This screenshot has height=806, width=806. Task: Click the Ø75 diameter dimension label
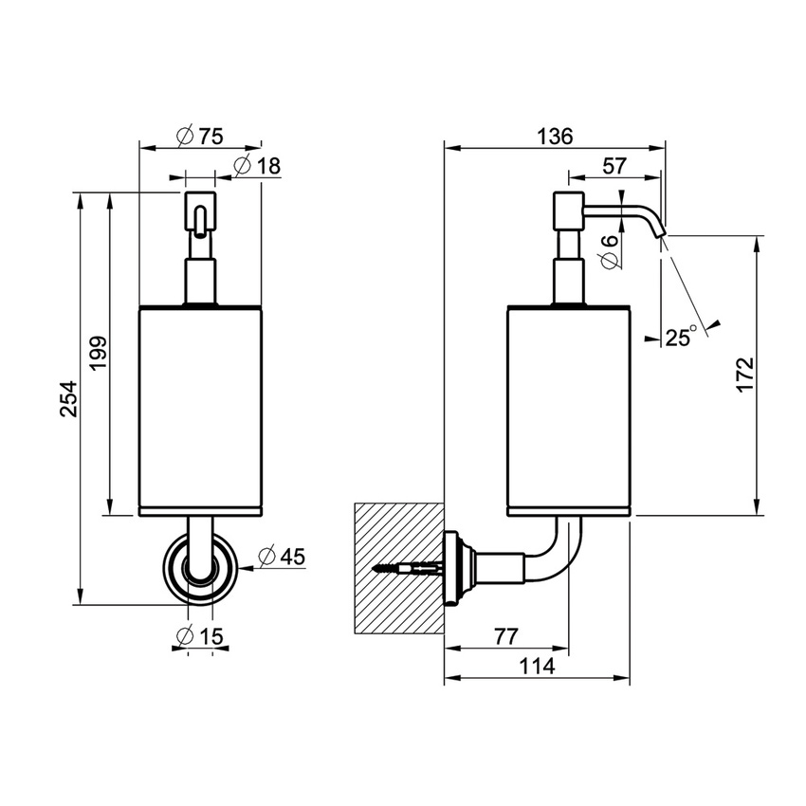[x=199, y=136]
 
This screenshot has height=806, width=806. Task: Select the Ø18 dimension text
[x=256, y=166]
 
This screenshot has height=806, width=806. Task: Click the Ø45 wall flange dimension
[x=281, y=558]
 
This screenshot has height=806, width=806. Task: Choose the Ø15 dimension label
[x=199, y=636]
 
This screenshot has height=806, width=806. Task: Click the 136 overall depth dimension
[x=555, y=136]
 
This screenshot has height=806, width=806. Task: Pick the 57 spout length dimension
[x=614, y=165]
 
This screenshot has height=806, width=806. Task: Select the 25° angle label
[x=679, y=337]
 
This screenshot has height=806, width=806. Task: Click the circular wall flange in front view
[x=199, y=569]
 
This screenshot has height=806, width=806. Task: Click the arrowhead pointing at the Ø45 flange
[x=243, y=568]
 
